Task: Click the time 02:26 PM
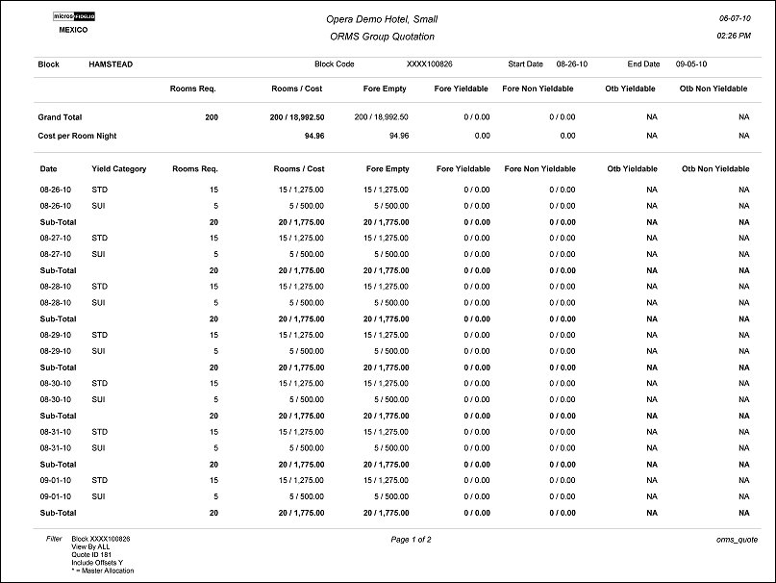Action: pyautogui.click(x=735, y=36)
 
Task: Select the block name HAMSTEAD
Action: pyautogui.click(x=111, y=64)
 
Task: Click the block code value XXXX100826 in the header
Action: pyautogui.click(x=430, y=64)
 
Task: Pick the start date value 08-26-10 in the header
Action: pyautogui.click(x=573, y=64)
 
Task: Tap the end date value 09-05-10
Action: pyautogui.click(x=692, y=64)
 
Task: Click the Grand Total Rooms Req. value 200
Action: pyautogui.click(x=211, y=116)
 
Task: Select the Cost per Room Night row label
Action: pyautogui.click(x=78, y=136)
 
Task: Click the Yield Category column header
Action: pyautogui.click(x=119, y=168)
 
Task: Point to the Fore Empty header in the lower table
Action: pyautogui.click(x=388, y=168)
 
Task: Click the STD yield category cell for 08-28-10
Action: pyautogui.click(x=100, y=286)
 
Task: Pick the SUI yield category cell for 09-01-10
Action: pyautogui.click(x=99, y=496)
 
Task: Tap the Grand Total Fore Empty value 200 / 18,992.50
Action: pyautogui.click(x=381, y=116)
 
